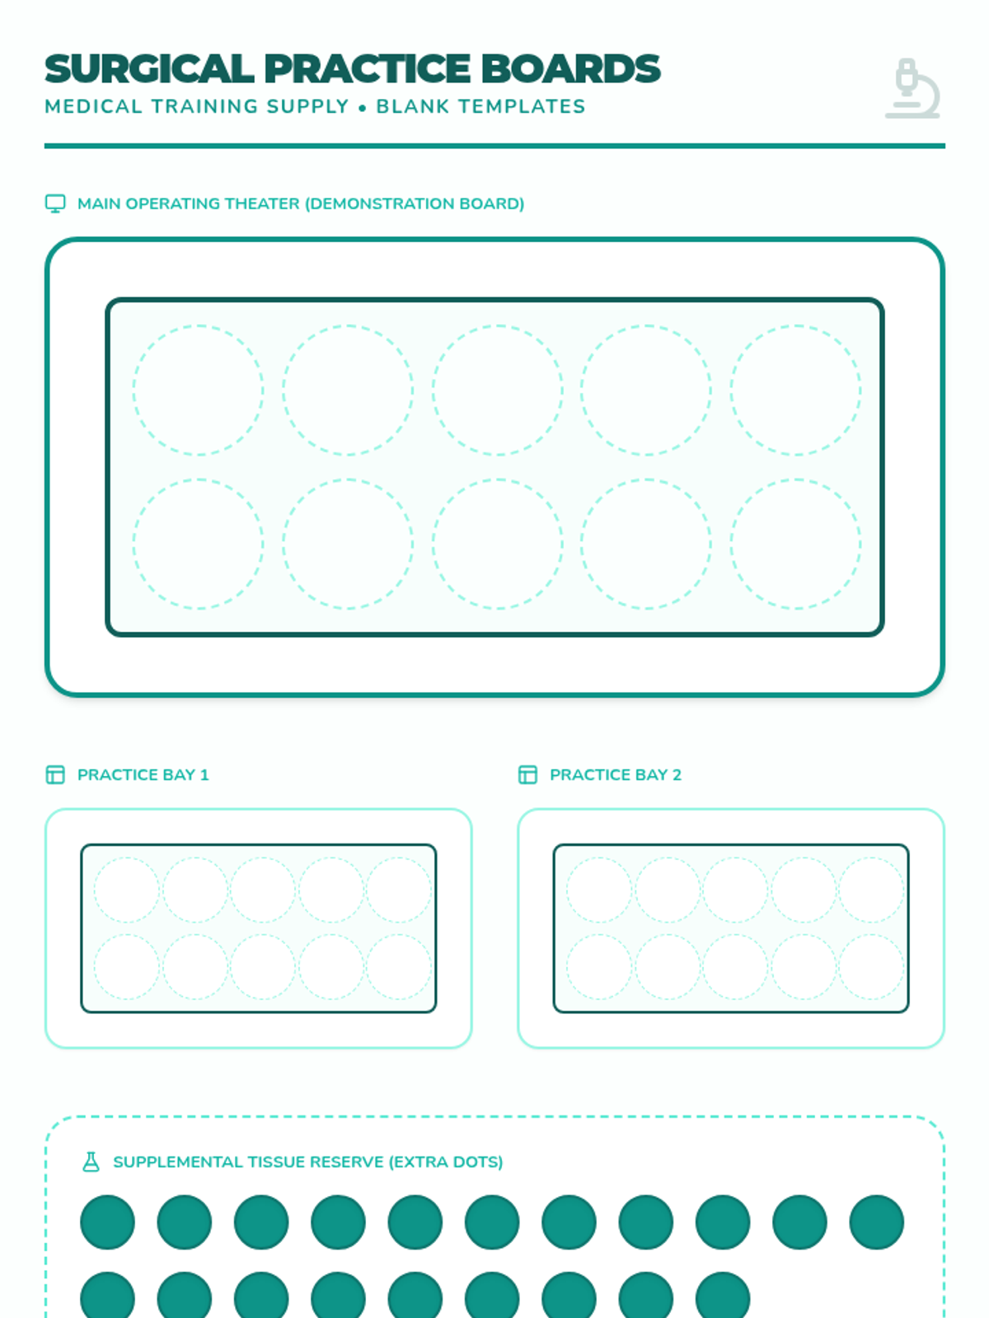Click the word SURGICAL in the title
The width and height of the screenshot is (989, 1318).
149,68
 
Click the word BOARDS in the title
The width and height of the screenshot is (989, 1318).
570,68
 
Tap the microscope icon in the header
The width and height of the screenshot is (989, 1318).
912,88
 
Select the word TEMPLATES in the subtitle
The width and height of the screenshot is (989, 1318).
522,106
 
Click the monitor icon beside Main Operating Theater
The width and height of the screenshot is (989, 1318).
55,203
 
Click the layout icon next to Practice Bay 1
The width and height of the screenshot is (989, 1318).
55,774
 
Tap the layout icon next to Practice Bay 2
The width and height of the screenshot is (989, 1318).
527,774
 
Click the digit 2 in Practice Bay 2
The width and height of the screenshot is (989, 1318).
677,774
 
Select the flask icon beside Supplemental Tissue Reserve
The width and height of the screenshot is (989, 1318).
91,1161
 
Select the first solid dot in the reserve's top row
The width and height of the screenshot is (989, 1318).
107,1222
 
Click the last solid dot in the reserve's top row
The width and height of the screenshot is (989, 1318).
877,1222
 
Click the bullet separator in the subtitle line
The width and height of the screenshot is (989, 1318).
362,108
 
